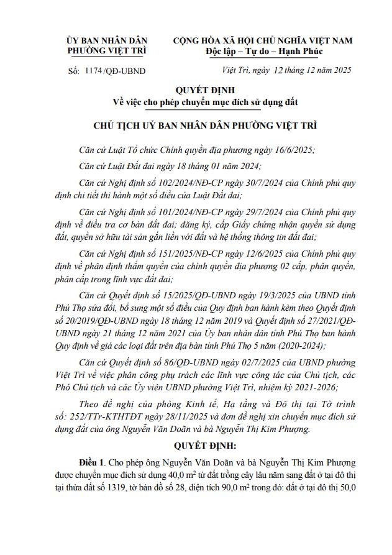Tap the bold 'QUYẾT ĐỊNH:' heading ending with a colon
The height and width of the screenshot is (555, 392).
196,446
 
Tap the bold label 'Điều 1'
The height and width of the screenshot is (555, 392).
92,464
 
